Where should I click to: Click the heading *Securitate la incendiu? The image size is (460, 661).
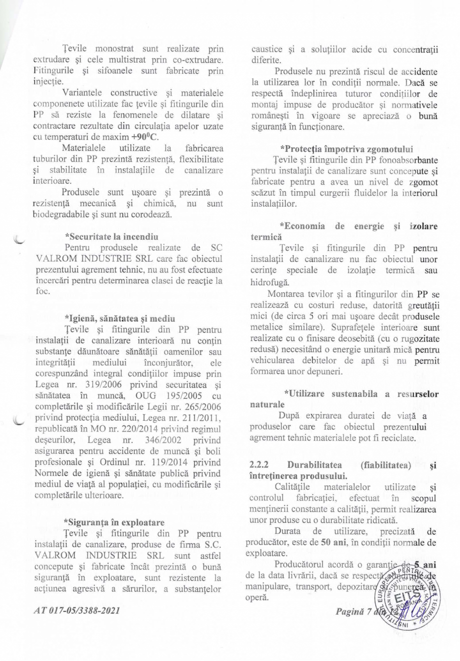[x=111, y=236]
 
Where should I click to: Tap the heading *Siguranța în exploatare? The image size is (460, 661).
[x=114, y=522]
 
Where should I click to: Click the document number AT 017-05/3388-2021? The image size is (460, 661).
[x=77, y=611]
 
